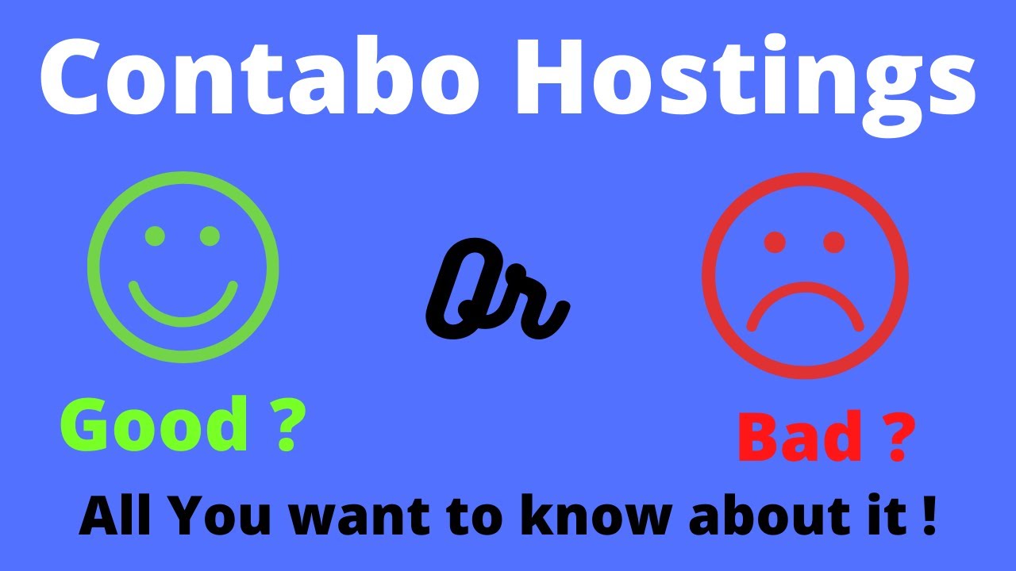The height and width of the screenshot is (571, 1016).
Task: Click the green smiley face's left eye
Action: coord(156,236)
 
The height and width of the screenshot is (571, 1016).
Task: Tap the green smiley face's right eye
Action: coord(210,236)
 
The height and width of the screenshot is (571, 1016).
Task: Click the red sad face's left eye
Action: coord(775,242)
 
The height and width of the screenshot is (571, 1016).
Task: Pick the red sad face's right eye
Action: coord(833,242)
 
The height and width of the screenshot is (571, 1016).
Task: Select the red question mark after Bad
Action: coord(895,438)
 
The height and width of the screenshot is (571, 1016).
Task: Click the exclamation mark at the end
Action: coord(929,516)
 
